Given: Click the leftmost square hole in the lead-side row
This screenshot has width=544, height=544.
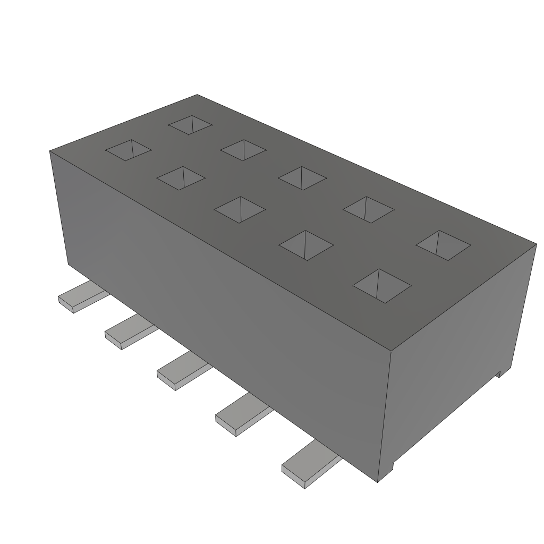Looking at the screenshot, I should [x=128, y=150].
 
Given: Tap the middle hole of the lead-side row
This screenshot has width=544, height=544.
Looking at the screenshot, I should [x=239, y=209].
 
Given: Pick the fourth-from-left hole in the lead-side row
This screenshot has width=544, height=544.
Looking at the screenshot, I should [x=306, y=245].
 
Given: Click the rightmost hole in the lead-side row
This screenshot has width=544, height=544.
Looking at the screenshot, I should [x=382, y=286].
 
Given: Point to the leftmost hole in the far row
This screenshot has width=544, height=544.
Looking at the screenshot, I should [x=190, y=125].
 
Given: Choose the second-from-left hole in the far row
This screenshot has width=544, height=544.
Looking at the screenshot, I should [x=243, y=150].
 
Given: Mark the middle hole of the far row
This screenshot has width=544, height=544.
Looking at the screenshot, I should [x=302, y=178].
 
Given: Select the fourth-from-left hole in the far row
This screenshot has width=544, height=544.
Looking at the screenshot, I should [x=369, y=210].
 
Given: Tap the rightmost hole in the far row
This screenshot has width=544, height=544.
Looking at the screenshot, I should [x=443, y=245].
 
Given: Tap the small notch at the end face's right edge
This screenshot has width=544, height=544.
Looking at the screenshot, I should [x=499, y=373].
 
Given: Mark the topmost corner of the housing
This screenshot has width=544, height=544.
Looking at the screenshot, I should [x=197, y=95].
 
